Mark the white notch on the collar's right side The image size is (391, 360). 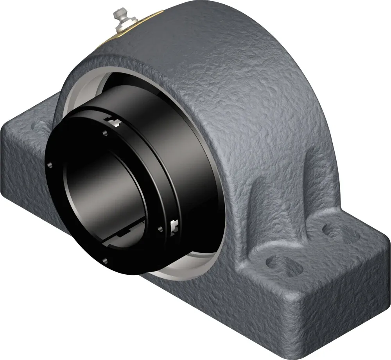174,225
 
